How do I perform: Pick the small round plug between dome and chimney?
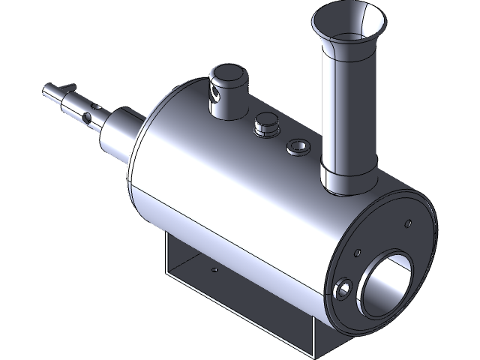click(264, 124)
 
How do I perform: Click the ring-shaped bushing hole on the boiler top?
click(298, 145)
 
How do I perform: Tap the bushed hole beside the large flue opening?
click(344, 289)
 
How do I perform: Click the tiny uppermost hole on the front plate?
click(408, 223)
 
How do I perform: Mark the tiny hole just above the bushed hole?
click(359, 252)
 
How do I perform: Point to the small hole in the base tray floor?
click(214, 268)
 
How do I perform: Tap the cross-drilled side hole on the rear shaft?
click(88, 118)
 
